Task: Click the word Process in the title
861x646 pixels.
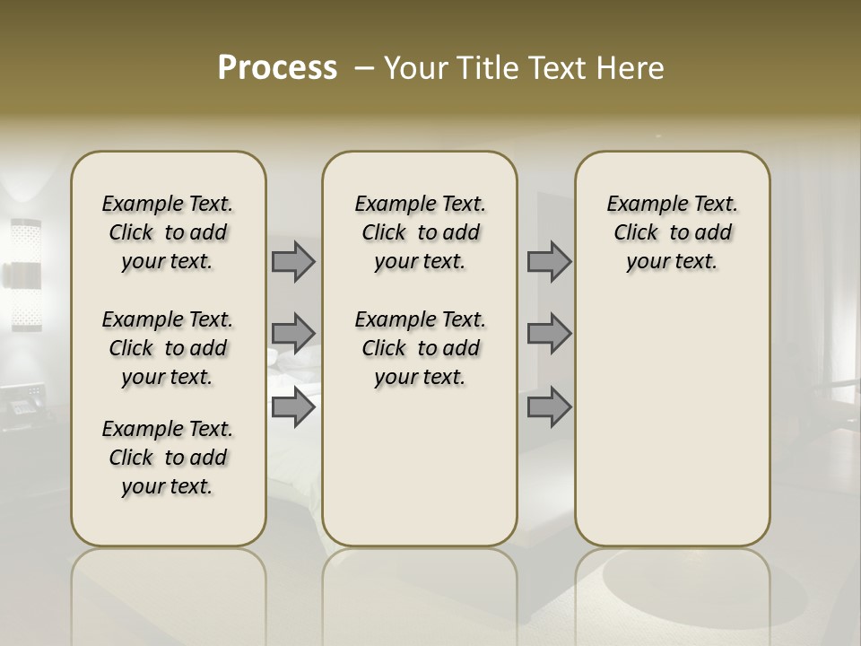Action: [x=277, y=68]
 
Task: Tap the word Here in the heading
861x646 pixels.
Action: [x=631, y=68]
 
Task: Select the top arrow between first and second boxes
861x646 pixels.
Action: [x=293, y=261]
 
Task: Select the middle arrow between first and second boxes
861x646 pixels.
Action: [x=293, y=333]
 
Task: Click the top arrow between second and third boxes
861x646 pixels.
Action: [x=549, y=261]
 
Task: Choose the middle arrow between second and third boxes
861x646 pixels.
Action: [x=549, y=333]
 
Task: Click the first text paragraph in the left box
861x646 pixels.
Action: [x=168, y=232]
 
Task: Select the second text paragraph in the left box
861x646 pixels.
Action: [x=168, y=348]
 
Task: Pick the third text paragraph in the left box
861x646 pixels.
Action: [x=168, y=458]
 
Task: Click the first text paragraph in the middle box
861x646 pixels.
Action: [x=420, y=232]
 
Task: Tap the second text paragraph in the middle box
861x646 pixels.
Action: [x=420, y=348]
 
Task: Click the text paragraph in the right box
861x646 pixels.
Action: [x=672, y=232]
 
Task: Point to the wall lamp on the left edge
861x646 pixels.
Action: [x=25, y=274]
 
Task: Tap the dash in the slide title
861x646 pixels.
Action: [x=364, y=68]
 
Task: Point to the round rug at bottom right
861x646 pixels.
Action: [x=700, y=592]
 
